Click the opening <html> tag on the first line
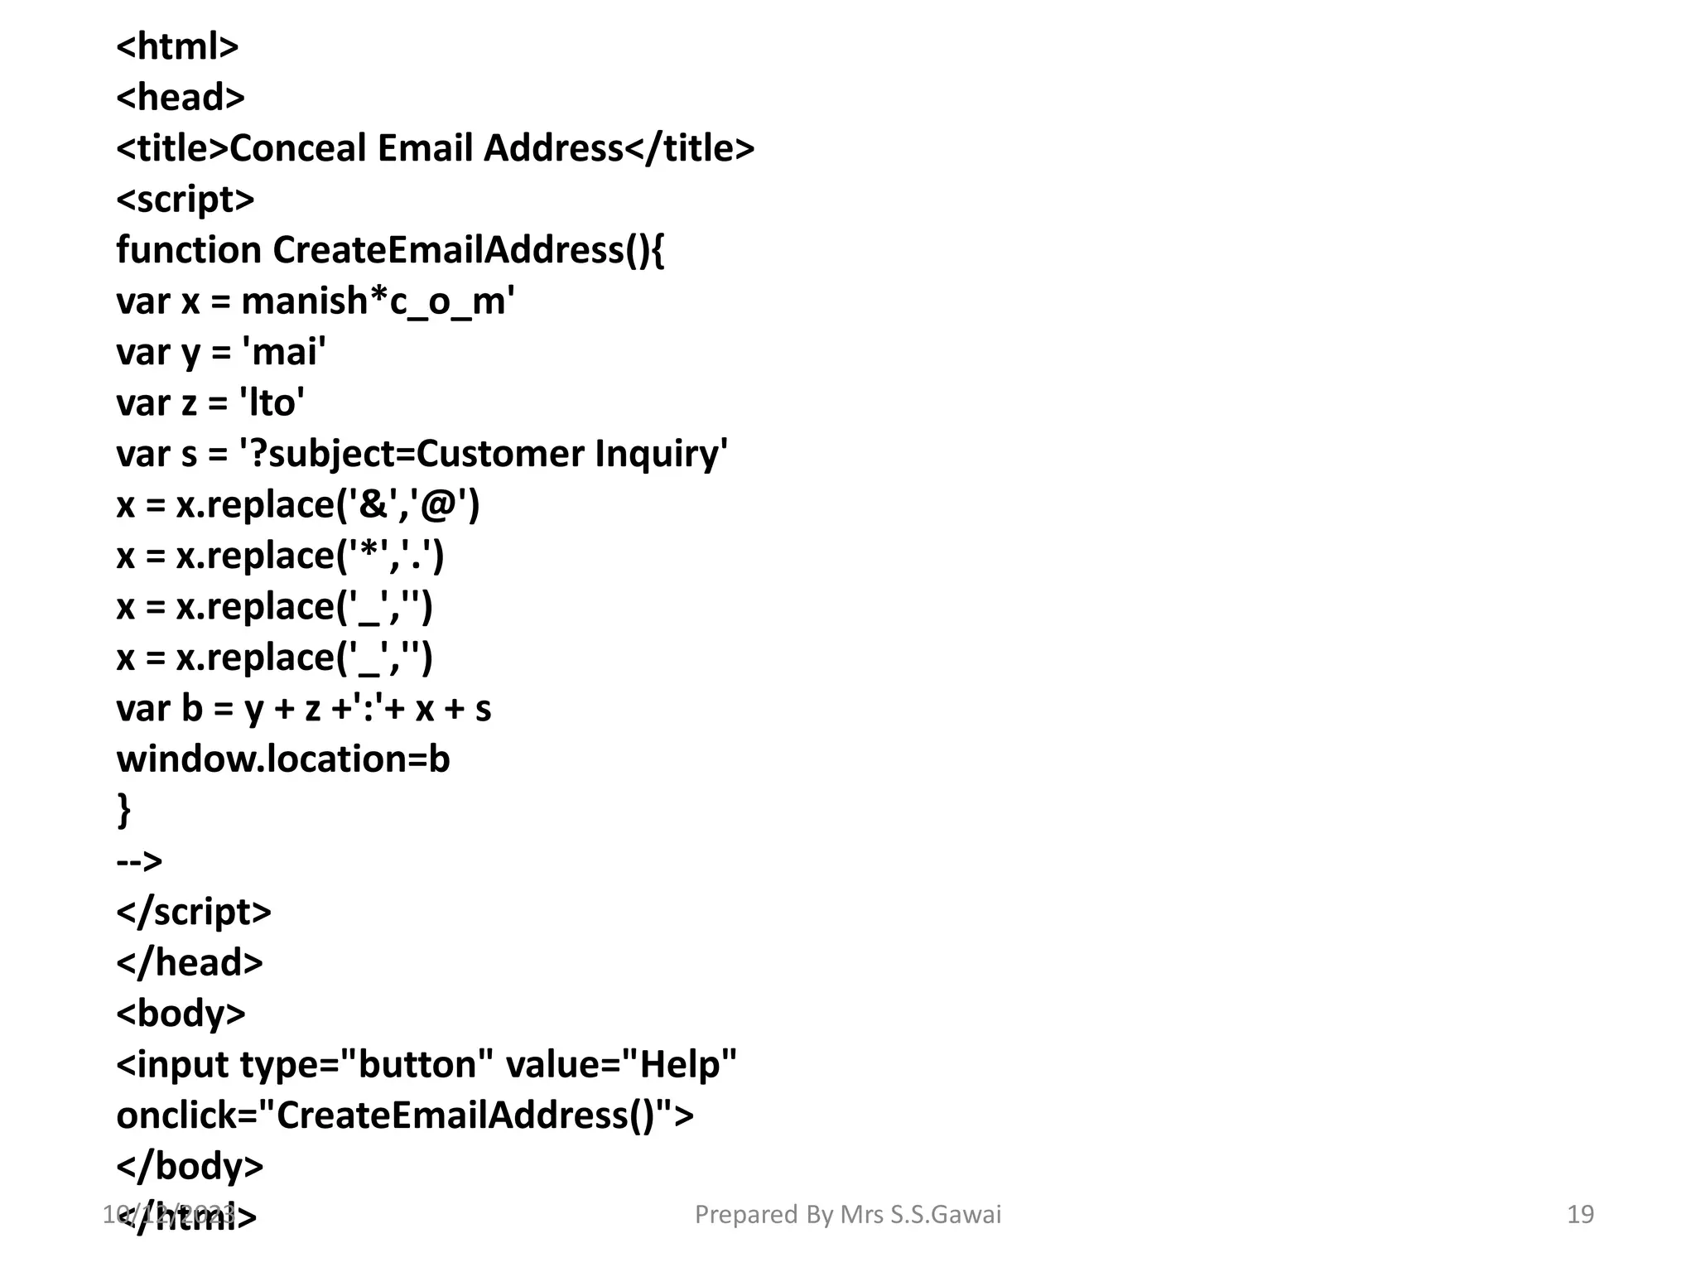point(177,46)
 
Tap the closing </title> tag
point(689,149)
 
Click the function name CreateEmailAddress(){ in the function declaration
point(468,250)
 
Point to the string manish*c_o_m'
point(378,301)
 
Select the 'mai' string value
point(283,353)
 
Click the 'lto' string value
point(272,403)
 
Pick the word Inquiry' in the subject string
point(661,455)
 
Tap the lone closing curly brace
point(124,810)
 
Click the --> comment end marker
point(139,861)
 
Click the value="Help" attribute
point(621,1065)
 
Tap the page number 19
point(1580,1214)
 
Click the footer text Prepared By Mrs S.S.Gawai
point(848,1214)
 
